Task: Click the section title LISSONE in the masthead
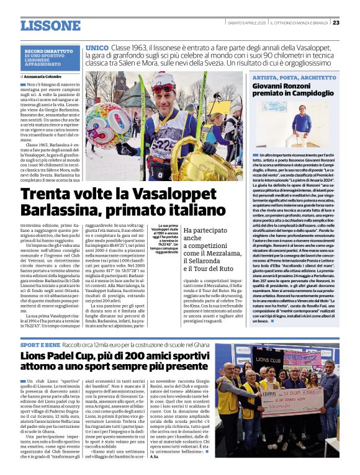[x=50, y=25]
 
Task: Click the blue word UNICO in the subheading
[x=97, y=47]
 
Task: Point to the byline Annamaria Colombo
[x=48, y=76]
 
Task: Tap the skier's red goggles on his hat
[x=161, y=88]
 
